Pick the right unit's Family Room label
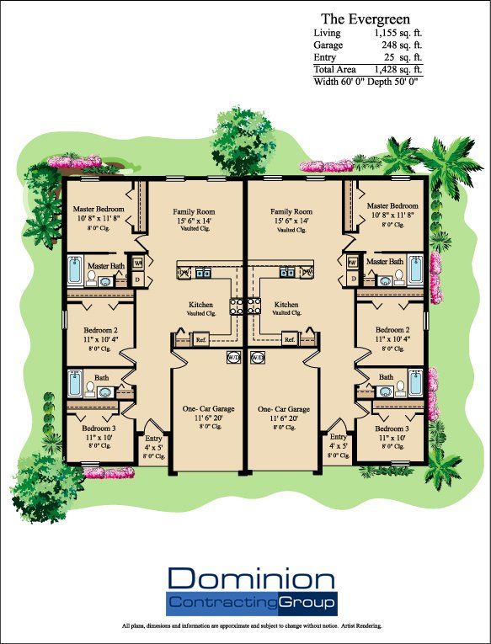coord(291,212)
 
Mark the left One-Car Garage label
coord(208,407)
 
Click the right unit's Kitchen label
coord(286,304)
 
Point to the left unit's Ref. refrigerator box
coord(201,339)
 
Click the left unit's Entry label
coord(153,437)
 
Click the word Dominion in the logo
coord(251,579)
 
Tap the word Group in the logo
coord(307,602)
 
